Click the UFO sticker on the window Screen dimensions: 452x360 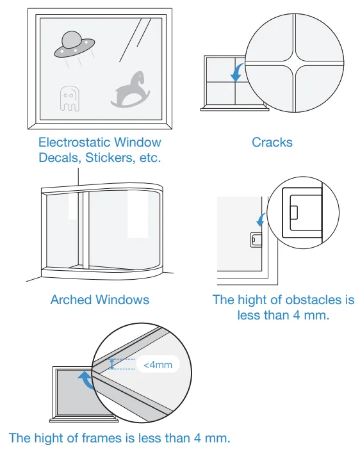tap(75, 44)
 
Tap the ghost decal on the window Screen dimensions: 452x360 tap(69, 97)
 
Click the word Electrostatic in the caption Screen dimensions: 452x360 tap(74, 142)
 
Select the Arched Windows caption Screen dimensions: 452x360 tap(99, 300)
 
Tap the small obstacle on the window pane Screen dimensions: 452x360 tap(254, 240)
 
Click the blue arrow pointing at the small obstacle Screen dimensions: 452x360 tap(261, 220)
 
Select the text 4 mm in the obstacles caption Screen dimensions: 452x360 tap(311, 315)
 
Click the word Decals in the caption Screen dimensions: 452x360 tap(59, 157)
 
